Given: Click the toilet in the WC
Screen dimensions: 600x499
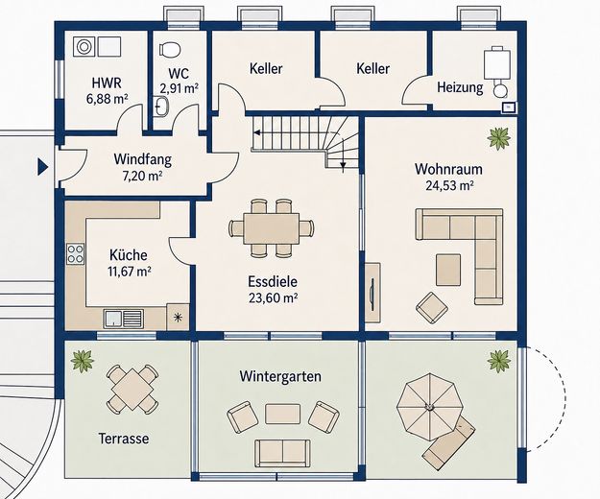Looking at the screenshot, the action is tap(170, 49).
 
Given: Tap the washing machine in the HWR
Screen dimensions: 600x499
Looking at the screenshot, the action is tap(84, 47).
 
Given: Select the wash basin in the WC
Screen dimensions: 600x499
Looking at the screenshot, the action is tap(161, 106).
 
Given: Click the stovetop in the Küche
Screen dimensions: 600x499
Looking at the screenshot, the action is tap(76, 253).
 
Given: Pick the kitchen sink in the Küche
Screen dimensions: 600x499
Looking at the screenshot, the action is tap(124, 320).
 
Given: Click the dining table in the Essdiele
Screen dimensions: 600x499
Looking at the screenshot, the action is tap(272, 228).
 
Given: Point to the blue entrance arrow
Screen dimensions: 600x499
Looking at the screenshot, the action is tap(42, 167).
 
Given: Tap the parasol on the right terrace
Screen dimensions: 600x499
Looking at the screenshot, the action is tap(430, 407).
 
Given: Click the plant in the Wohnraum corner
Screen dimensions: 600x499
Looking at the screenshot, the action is tap(498, 138).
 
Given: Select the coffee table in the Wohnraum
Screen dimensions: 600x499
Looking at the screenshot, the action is tap(448, 270).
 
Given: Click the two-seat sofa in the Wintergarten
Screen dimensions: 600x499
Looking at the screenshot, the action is tap(283, 453).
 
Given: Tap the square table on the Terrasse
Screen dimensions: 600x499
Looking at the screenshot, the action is tap(132, 390).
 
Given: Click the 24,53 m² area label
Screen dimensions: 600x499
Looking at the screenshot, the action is tap(449, 186).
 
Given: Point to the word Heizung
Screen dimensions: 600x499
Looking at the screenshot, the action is tap(460, 87).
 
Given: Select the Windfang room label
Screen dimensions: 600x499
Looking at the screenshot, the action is tap(142, 159).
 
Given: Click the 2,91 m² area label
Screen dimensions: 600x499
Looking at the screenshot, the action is tap(180, 88).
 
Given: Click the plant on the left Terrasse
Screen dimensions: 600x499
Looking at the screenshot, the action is tap(82, 361).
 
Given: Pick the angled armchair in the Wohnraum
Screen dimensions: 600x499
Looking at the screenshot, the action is tap(432, 306).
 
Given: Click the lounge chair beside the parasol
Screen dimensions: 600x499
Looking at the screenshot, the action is tap(448, 439).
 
